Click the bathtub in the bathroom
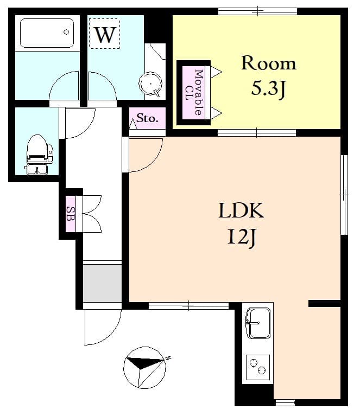point(47,34)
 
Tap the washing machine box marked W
point(104,34)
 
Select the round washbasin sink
point(150,85)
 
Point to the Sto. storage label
point(147,118)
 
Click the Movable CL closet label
point(194,93)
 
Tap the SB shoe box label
point(71,214)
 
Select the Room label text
point(269,63)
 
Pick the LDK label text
point(241,211)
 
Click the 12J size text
point(241,237)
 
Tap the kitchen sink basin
point(258,322)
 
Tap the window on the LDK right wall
point(344,194)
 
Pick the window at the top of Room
point(257,11)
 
